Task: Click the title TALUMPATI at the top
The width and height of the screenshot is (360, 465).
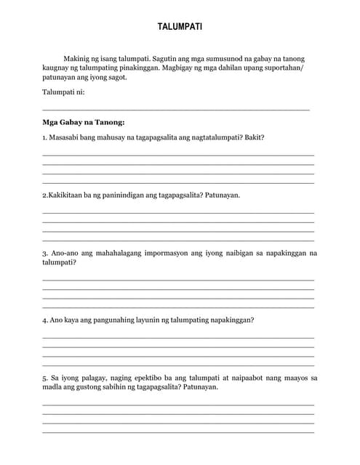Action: pos(180,27)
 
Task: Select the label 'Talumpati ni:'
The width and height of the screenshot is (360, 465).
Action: pos(64,92)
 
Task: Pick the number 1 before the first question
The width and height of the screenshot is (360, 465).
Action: pos(44,137)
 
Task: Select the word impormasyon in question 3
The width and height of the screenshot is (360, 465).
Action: pos(163,254)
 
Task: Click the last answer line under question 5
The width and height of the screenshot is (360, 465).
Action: pos(178,433)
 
